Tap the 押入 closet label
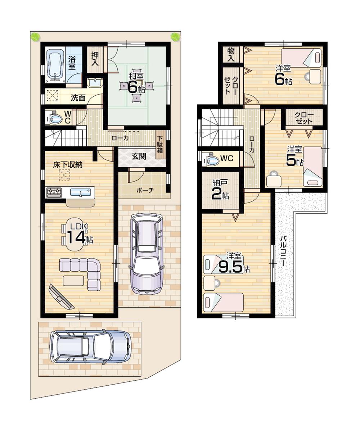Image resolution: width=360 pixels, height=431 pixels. (x=95, y=59)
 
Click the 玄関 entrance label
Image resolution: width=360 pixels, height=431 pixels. (x=138, y=157)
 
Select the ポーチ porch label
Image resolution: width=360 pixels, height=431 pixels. (x=145, y=190)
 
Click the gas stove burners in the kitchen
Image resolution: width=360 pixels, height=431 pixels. (x=54, y=192)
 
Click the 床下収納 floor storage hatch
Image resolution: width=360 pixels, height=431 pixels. (x=65, y=175)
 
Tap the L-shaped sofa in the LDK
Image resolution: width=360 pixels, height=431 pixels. (x=83, y=272)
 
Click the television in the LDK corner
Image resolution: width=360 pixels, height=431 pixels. (x=61, y=297)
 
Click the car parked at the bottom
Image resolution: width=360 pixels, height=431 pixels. (x=90, y=347)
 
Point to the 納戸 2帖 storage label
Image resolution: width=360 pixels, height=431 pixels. (x=220, y=191)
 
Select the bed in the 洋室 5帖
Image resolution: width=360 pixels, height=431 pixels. (x=312, y=166)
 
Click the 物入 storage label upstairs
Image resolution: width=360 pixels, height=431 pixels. (x=231, y=55)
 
